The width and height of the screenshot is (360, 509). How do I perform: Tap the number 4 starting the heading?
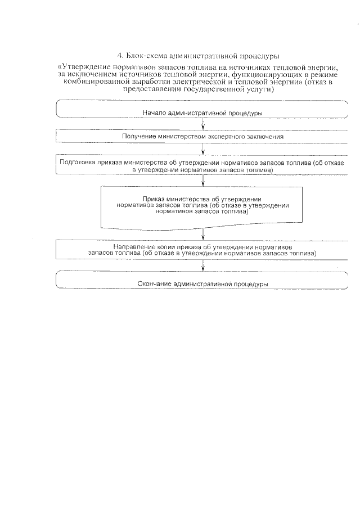tap(120, 56)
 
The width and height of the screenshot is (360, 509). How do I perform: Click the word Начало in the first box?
tap(154, 113)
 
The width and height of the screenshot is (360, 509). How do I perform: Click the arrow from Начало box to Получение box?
tap(202, 124)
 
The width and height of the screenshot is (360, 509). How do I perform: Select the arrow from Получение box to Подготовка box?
tap(202, 148)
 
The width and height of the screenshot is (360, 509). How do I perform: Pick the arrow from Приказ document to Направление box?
tap(202, 234)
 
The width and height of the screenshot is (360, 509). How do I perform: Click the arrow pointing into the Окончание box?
tap(202, 265)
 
